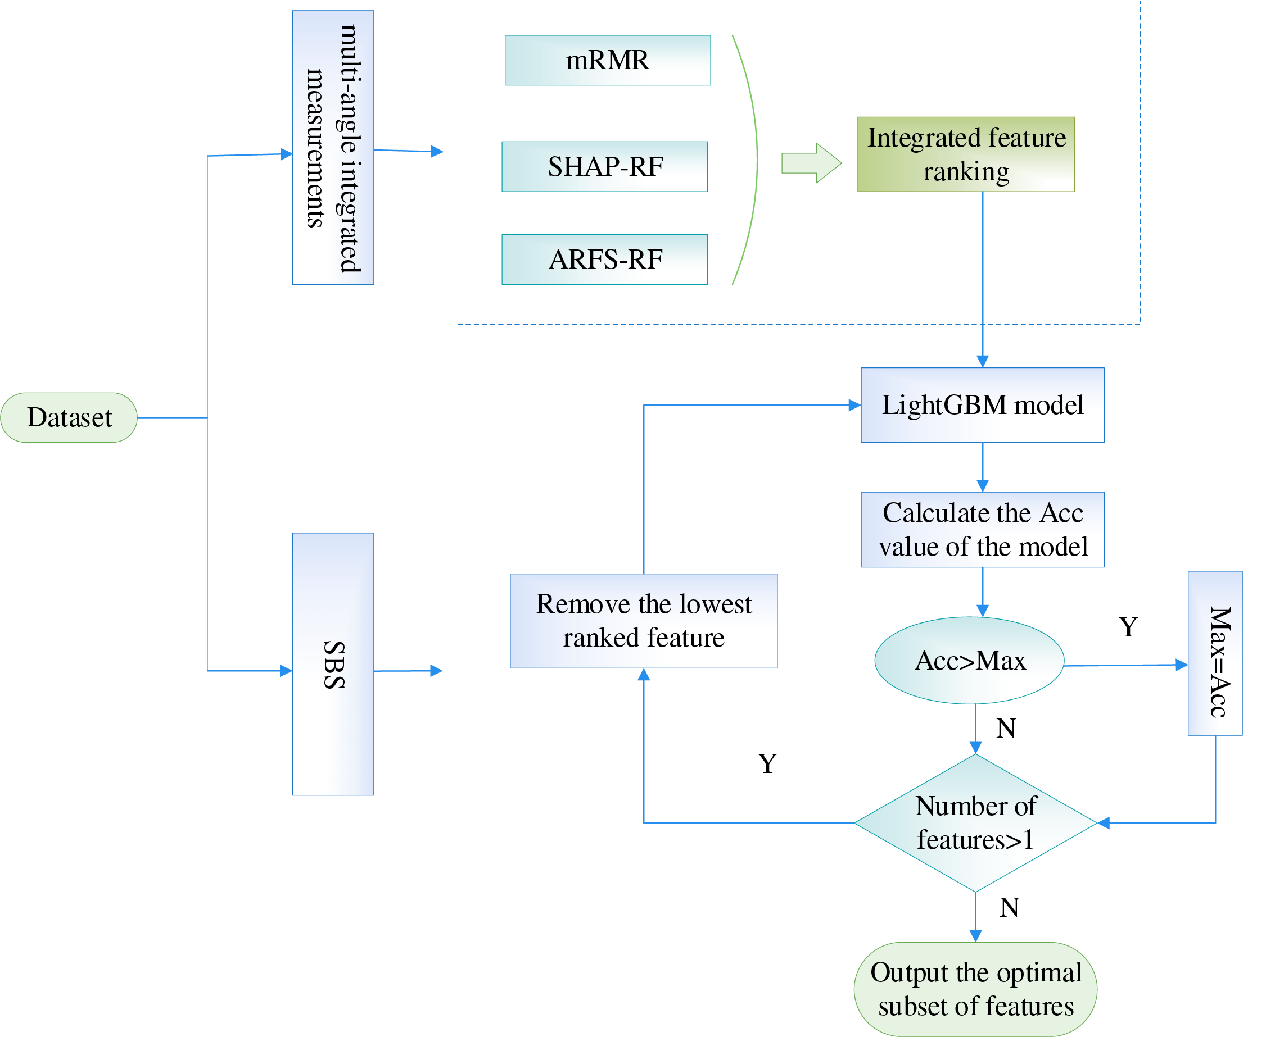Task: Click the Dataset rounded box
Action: pos(69,417)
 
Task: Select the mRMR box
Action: pos(607,60)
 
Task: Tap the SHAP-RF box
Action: pos(604,167)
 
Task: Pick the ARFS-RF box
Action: pos(604,260)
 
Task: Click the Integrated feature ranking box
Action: pos(965,154)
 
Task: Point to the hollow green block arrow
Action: pos(811,162)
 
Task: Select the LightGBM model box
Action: pos(982,405)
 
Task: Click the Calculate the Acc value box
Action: pos(982,529)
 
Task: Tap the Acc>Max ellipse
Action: pos(969,660)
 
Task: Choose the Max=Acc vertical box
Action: pos(1215,653)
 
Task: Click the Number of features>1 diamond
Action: pos(975,823)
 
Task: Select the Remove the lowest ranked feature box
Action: pos(643,621)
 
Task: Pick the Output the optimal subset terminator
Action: pos(975,989)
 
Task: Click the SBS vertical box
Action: pos(333,663)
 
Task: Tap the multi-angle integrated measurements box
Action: pos(333,148)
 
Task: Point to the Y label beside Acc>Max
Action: pos(1128,627)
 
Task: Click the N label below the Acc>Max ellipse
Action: pos(1006,728)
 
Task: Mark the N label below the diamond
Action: pos(1010,907)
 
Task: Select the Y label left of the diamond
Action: pos(767,763)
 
